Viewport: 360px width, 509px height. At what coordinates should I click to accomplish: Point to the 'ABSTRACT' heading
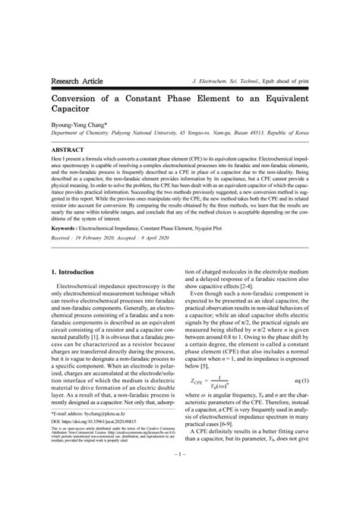pos(68,151)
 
